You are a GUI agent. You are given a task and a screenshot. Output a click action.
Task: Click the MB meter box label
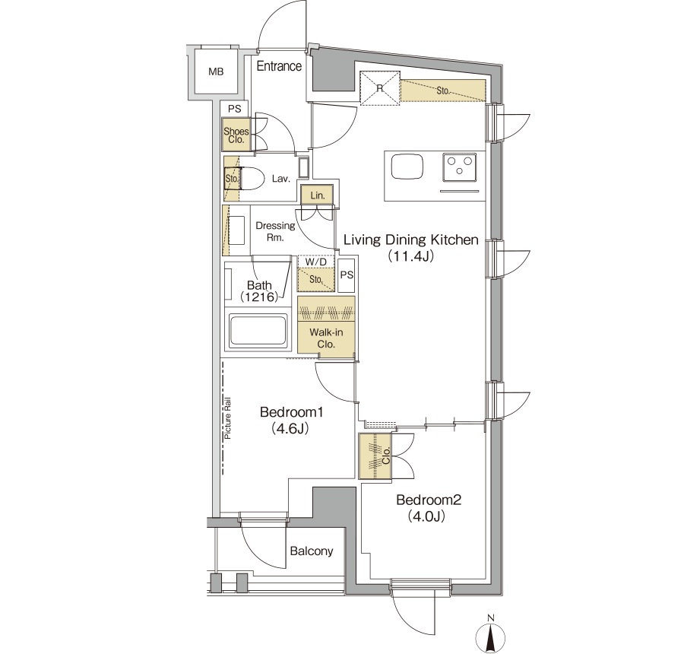(x=216, y=71)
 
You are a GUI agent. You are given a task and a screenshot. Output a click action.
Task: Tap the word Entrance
(x=279, y=66)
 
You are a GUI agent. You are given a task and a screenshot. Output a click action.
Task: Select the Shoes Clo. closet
(x=236, y=135)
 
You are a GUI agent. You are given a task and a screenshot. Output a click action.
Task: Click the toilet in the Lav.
(x=252, y=179)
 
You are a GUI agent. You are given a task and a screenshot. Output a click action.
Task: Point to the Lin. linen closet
(x=317, y=195)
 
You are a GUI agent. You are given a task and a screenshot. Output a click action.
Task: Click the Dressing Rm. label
(x=275, y=231)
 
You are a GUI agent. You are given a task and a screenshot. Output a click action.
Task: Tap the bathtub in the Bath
(x=258, y=330)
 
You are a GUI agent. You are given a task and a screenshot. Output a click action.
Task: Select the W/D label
(x=316, y=262)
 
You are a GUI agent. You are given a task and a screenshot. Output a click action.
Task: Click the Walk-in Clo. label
(x=326, y=338)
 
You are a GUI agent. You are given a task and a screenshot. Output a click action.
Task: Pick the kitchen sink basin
(x=407, y=167)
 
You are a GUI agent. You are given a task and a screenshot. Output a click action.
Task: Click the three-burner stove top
(x=459, y=167)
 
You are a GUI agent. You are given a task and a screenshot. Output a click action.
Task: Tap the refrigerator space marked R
(x=379, y=88)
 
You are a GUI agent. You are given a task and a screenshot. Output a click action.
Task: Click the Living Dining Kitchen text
(x=411, y=240)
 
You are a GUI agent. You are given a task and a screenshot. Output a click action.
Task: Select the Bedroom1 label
(x=291, y=411)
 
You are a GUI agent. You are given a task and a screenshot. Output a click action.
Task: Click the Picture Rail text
(x=228, y=418)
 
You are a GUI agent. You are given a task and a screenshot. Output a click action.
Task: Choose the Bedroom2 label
(x=429, y=500)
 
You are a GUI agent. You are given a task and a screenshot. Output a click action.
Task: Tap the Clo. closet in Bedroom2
(x=375, y=456)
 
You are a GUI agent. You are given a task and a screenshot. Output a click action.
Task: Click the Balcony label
(x=312, y=551)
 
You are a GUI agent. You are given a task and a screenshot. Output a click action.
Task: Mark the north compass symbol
(x=491, y=635)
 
